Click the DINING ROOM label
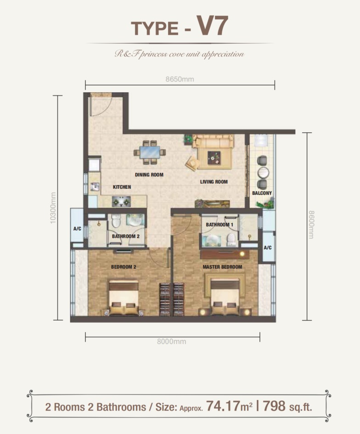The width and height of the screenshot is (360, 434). [149, 175]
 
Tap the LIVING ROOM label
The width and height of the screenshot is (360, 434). [214, 182]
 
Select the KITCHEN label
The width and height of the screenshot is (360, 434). [122, 187]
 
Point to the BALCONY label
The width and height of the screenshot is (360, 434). [262, 193]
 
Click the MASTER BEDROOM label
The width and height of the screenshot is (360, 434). [222, 267]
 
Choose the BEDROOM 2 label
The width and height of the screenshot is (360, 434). [124, 267]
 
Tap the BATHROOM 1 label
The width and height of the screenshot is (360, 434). [219, 225]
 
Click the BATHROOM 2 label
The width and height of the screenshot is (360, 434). [126, 237]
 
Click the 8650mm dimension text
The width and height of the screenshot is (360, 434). [180, 79]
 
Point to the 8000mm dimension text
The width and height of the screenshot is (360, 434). [172, 342]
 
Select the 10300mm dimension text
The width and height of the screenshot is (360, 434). [53, 208]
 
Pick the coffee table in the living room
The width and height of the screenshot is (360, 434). [214, 158]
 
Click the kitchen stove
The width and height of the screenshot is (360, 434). [121, 202]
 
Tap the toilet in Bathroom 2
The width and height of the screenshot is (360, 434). [116, 220]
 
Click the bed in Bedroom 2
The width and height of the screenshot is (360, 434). [124, 298]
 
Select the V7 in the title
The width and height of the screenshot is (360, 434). [212, 25]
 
